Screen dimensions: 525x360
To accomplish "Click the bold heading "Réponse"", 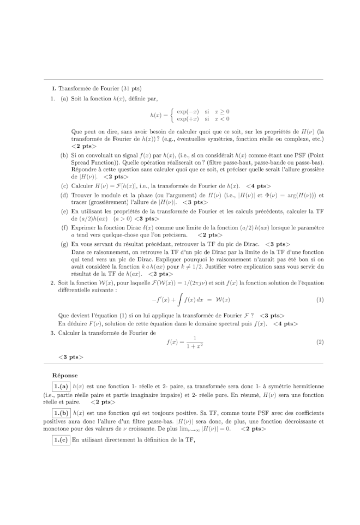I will (x=65, y=375).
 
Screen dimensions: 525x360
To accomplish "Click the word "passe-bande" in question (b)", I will (x=285, y=162).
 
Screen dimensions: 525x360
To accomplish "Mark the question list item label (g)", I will (x=64, y=244).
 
